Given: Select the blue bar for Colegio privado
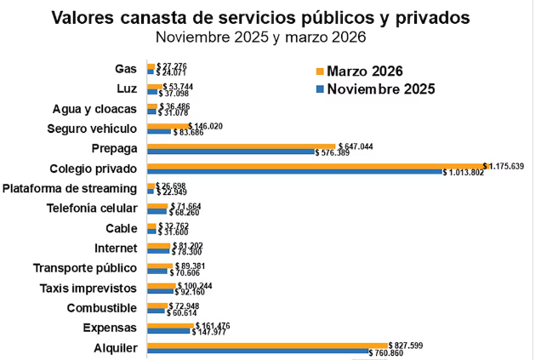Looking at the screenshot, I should coord(294,172).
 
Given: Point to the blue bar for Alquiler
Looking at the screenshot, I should coord(257,351).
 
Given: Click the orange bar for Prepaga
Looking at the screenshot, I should coord(242,146).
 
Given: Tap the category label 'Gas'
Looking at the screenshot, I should coord(126,68).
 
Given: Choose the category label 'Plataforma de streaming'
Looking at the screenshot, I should coord(71,188).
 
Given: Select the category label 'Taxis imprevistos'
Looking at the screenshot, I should coord(88,288).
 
